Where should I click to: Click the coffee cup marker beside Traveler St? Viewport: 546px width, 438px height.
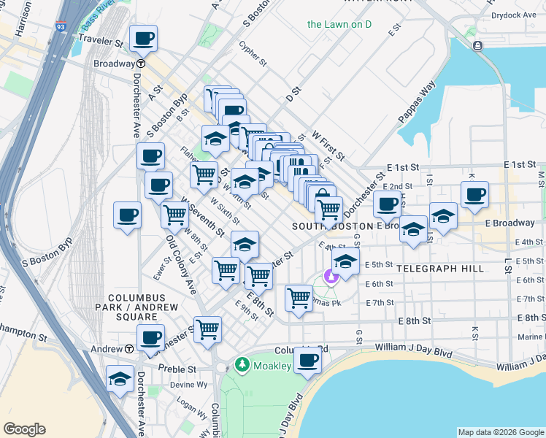pos(143,38)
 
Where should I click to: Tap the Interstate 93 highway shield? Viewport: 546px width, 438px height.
pos(61,26)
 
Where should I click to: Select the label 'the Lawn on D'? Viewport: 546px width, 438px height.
pos(339,24)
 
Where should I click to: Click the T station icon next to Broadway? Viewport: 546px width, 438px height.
pos(140,64)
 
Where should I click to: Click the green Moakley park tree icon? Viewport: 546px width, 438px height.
pos(242,364)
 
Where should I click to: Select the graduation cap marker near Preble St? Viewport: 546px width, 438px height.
pos(120,379)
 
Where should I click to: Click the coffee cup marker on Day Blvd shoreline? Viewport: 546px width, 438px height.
pos(308,361)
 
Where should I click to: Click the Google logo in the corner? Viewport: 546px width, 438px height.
pos(24,429)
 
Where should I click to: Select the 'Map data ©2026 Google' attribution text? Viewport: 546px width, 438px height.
pos(501,432)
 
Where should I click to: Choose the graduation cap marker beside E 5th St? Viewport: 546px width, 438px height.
pos(345,262)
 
